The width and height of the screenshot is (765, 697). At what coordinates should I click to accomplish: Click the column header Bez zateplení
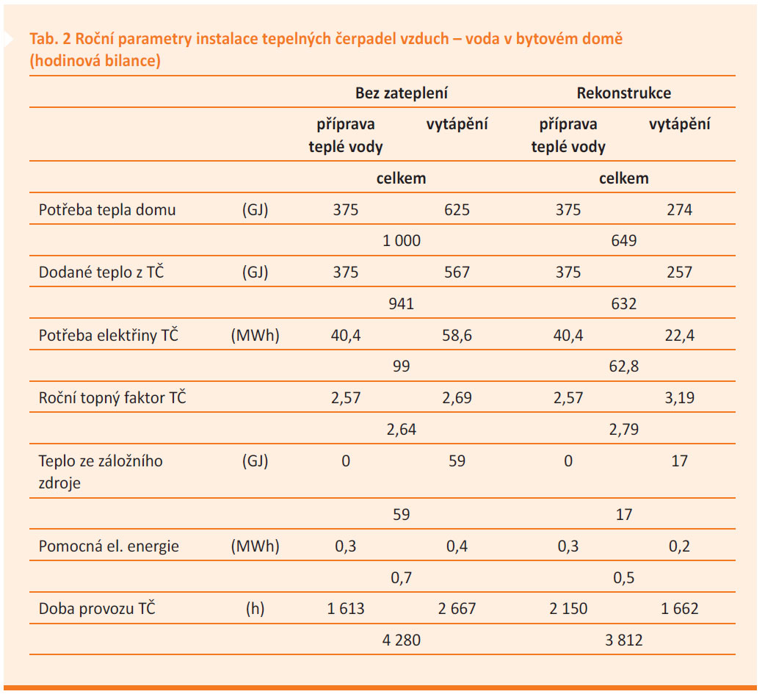(x=401, y=93)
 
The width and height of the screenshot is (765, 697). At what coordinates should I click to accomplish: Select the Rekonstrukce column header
(x=623, y=93)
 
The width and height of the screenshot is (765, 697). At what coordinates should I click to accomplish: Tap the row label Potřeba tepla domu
(x=107, y=210)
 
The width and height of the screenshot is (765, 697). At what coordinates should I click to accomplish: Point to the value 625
(x=457, y=210)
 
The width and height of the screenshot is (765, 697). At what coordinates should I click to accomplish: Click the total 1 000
(x=401, y=241)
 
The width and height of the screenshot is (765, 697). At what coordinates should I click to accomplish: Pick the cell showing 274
(x=679, y=210)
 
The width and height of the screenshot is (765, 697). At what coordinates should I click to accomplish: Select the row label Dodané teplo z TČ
(x=101, y=272)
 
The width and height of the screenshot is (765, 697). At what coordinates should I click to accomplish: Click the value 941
(x=401, y=303)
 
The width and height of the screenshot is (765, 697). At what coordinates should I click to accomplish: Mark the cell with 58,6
(x=457, y=336)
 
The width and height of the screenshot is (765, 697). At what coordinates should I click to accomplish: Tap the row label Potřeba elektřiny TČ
(x=109, y=335)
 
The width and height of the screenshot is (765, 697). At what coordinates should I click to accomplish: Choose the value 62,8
(x=623, y=366)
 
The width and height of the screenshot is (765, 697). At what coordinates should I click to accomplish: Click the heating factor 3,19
(x=679, y=398)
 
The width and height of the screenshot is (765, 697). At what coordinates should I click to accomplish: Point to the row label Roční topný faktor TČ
(x=112, y=397)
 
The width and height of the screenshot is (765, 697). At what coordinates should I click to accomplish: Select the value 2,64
(x=401, y=430)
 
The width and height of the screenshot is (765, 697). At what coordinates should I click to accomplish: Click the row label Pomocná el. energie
(x=109, y=546)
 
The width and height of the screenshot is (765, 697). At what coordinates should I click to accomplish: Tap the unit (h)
(x=255, y=609)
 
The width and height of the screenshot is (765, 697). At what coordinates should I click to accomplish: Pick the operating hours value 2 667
(x=457, y=609)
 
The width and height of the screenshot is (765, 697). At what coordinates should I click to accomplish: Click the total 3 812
(x=623, y=640)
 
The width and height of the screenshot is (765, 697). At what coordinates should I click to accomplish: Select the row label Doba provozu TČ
(x=97, y=608)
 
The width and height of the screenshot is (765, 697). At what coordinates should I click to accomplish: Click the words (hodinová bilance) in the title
(x=95, y=60)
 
